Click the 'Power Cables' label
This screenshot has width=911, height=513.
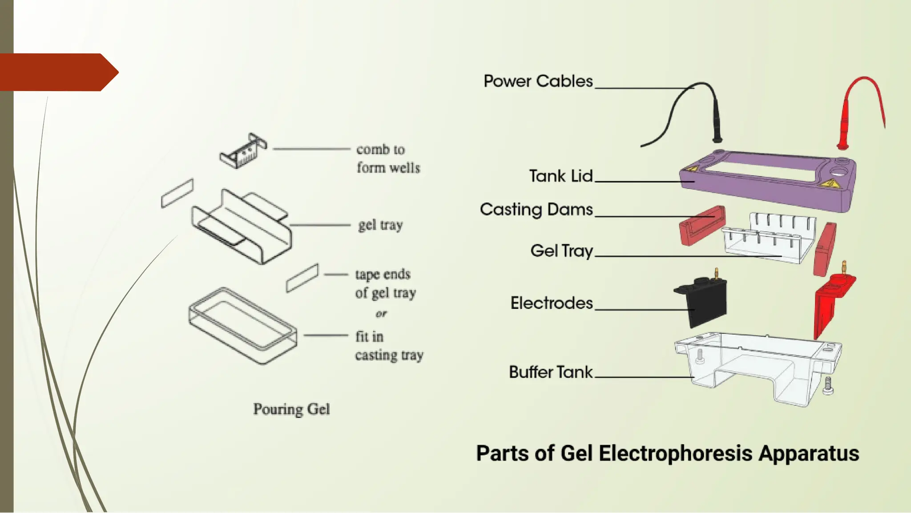tap(538, 81)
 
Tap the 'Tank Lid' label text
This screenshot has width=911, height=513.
tap(560, 176)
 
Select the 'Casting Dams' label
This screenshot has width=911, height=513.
tap(536, 210)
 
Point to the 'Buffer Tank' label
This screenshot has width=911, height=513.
tap(550, 372)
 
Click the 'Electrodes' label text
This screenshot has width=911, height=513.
tap(551, 303)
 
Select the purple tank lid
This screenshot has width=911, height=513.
tap(765, 187)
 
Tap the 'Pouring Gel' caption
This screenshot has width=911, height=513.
tap(291, 409)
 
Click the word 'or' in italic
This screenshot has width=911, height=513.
tap(381, 314)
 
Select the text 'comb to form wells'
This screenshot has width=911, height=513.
tap(387, 159)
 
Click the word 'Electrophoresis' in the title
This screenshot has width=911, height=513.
tap(676, 453)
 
